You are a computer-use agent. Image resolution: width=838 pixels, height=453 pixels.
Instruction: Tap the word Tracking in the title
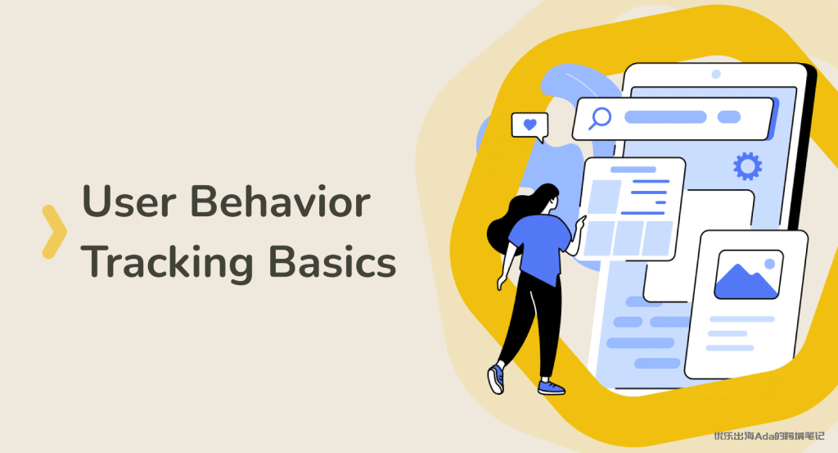(167, 262)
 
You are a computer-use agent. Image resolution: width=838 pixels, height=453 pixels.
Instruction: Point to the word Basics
(332, 261)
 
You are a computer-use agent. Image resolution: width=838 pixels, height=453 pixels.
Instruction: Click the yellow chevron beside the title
(55, 232)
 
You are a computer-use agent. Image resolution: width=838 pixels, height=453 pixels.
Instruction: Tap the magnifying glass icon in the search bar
(600, 118)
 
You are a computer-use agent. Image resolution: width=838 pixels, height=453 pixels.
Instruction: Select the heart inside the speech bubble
(529, 125)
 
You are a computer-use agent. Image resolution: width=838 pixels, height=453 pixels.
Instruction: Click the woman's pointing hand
(579, 223)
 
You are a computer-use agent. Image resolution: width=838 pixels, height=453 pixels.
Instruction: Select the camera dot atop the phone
(716, 75)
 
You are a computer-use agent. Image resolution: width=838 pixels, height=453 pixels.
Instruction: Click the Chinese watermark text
(769, 436)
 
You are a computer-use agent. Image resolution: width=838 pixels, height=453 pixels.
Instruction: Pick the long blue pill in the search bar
(665, 117)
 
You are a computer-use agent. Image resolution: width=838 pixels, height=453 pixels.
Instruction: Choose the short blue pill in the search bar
(729, 117)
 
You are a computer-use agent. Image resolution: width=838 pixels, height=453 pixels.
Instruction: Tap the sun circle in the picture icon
(769, 263)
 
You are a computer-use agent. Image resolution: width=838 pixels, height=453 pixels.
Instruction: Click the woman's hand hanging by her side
(502, 283)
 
